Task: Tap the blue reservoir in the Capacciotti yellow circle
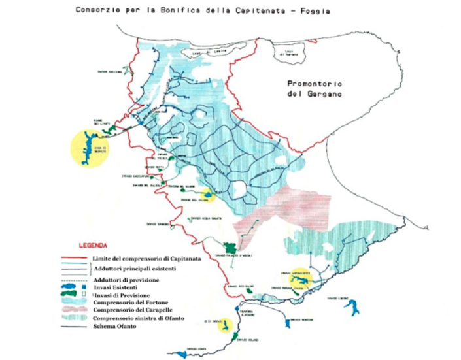click(298, 282)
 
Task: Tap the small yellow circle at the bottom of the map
click(225, 325)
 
